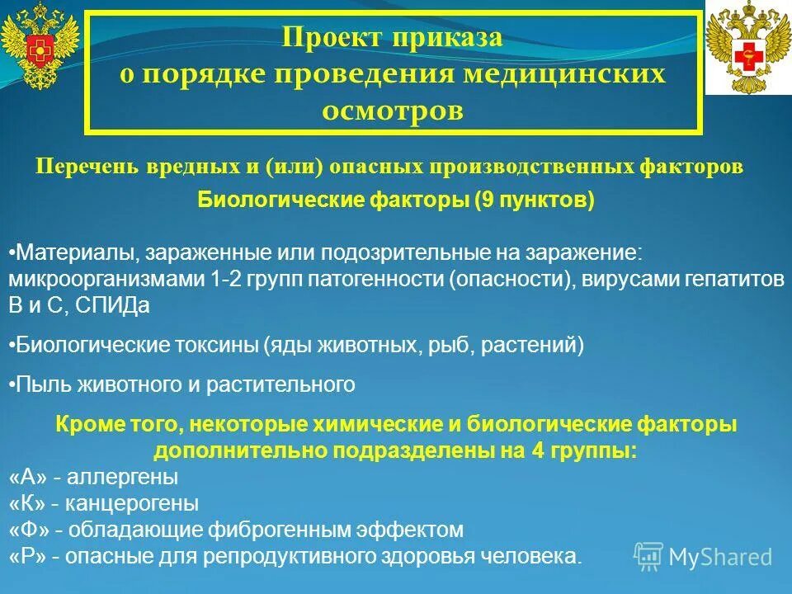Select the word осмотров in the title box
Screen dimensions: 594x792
392,110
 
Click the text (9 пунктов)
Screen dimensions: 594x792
534,201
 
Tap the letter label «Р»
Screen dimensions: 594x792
30,555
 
